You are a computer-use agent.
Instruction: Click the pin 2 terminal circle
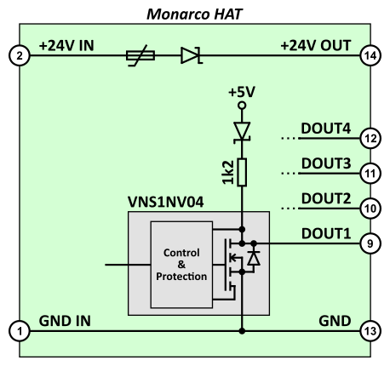pos(20,55)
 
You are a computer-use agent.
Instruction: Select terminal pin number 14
pos(370,55)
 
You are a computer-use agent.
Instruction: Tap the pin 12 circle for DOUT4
pos(370,139)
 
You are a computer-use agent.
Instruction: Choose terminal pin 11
pos(370,174)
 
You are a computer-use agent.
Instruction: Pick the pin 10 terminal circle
pos(370,209)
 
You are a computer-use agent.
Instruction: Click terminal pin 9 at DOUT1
pos(370,243)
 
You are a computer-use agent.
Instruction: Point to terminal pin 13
pos(370,331)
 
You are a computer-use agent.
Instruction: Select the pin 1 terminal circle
pos(20,331)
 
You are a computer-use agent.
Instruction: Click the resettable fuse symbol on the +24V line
pos(141,55)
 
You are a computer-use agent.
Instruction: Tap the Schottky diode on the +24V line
pos(192,55)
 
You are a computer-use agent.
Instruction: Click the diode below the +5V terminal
pos(242,132)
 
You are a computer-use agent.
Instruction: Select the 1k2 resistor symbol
pos(242,172)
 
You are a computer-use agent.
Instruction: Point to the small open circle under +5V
pos(242,106)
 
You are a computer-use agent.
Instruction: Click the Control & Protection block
pos(181,265)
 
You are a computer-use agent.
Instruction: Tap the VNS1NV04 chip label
pos(166,202)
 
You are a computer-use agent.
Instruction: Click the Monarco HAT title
pos(195,14)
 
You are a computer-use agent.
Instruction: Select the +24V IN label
pos(66,46)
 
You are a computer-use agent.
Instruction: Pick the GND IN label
pos(65,321)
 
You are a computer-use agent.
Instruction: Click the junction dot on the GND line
pos(242,331)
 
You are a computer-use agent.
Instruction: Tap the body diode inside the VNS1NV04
pos(254,258)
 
